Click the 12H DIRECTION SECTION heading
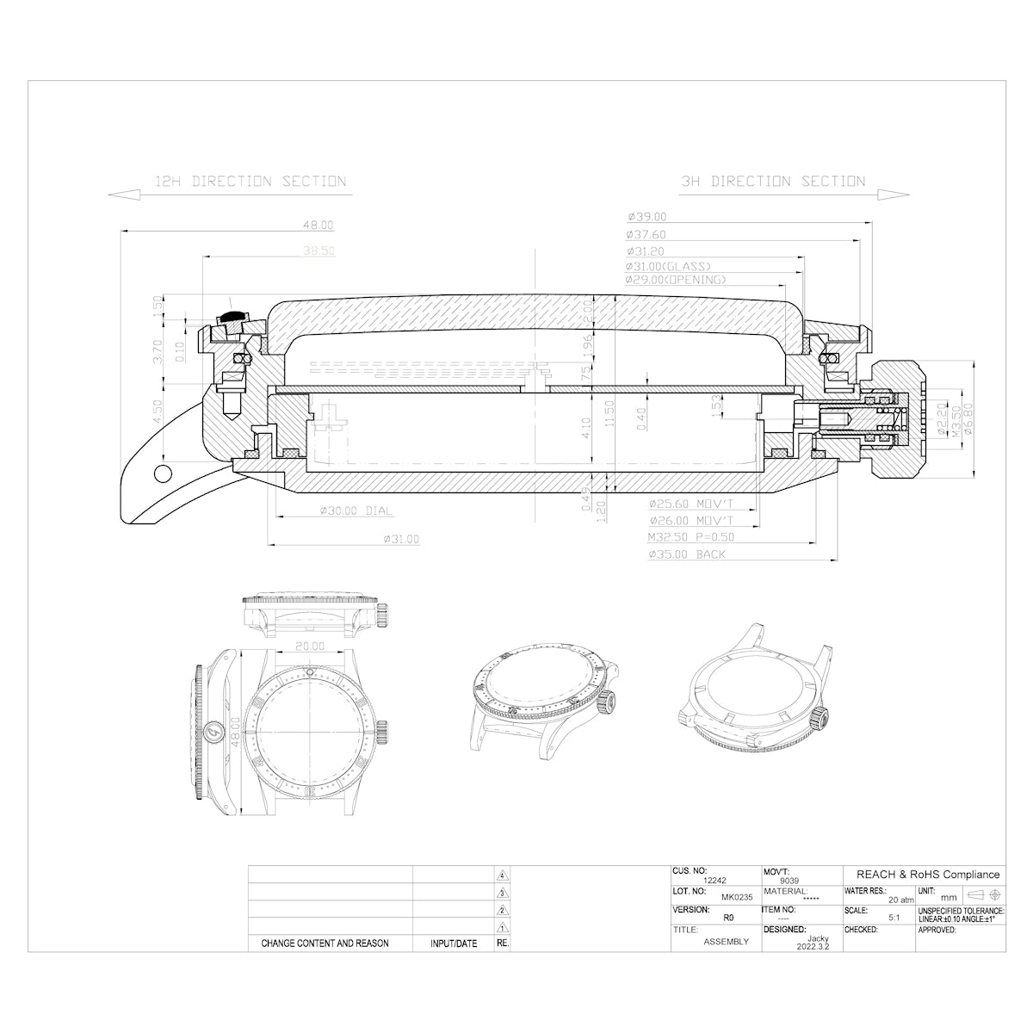point(250,182)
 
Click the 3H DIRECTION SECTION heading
point(772,182)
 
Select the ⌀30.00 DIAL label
point(355,511)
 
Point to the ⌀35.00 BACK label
point(687,554)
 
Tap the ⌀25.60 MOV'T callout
point(690,504)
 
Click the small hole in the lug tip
point(160,473)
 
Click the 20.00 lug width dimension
point(309,646)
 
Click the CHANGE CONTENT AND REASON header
point(325,943)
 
